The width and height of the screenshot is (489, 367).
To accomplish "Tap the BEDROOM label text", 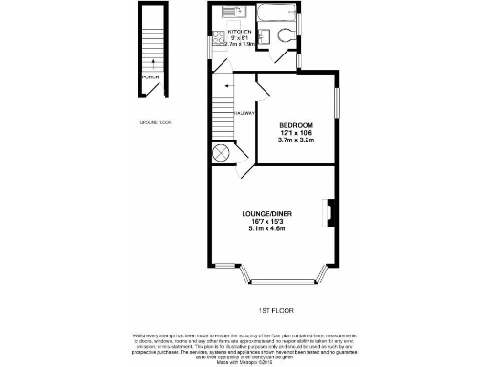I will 297,125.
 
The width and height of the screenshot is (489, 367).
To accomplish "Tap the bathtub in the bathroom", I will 276,13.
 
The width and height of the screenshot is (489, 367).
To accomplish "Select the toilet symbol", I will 289,37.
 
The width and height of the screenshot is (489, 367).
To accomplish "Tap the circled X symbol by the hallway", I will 222,152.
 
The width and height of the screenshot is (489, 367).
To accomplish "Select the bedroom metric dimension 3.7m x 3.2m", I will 297,140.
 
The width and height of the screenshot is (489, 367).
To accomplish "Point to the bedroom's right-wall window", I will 336,102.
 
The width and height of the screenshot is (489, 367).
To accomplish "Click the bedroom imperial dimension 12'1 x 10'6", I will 297,133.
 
